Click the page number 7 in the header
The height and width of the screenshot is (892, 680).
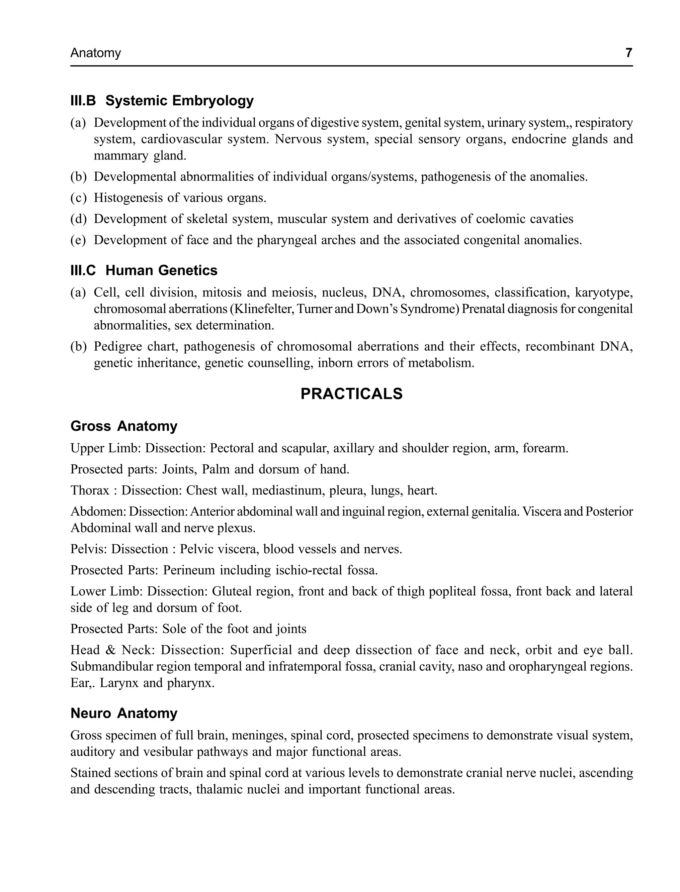629,53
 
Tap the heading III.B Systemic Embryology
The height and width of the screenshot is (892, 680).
162,100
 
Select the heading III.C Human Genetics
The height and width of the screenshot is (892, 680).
144,270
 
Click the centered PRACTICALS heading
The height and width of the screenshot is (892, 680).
351,394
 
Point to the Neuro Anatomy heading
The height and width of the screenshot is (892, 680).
124,724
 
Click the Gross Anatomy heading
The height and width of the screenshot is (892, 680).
124,426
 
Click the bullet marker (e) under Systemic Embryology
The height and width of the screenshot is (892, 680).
78,240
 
